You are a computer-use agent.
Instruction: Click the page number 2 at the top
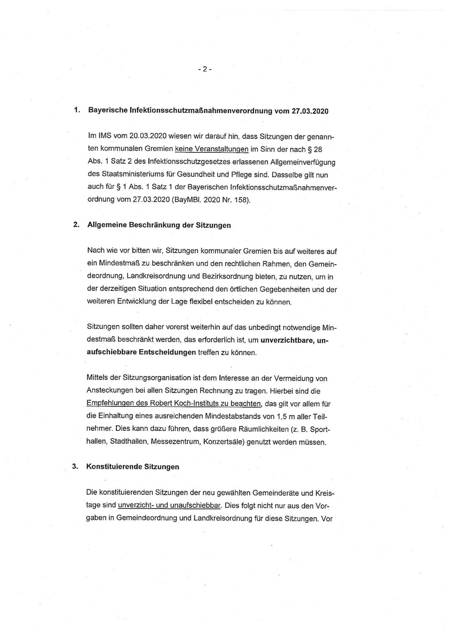[204, 69]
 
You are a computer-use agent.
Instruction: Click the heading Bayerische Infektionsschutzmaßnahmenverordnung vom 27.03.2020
[207, 111]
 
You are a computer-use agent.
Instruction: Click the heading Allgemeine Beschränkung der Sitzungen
[159, 225]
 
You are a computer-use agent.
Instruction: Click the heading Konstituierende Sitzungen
[133, 467]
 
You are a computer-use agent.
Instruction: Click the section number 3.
[75, 467]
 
